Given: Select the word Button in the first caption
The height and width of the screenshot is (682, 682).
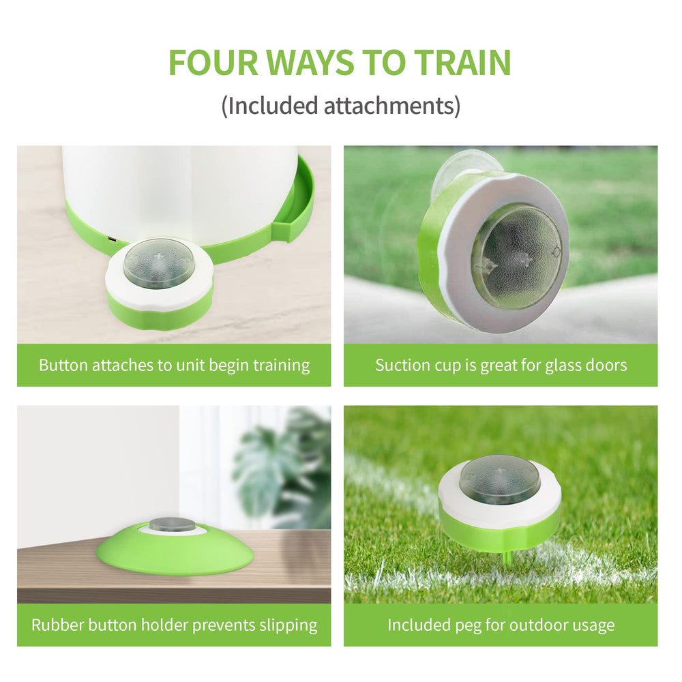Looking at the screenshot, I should pos(63,365).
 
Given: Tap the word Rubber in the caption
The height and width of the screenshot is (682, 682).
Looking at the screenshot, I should pos(56,625).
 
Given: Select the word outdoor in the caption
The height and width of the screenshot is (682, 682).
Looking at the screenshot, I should pos(527,625).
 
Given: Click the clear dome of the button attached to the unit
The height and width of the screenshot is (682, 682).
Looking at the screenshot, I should pos(159,263).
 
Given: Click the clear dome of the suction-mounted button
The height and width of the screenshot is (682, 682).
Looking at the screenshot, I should pos(516,255).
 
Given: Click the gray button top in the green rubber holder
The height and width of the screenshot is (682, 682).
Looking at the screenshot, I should pos(172,524).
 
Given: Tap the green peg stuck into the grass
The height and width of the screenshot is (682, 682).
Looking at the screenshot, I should pos(505,558).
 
